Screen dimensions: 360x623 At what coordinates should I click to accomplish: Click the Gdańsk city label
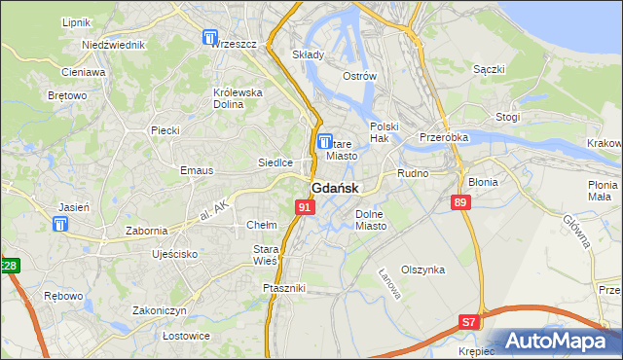click(x=335, y=188)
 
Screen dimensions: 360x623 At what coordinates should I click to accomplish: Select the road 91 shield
click(x=305, y=207)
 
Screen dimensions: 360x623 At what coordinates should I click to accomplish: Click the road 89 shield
click(x=461, y=201)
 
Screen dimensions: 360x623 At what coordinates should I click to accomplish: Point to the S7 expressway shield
click(x=469, y=322)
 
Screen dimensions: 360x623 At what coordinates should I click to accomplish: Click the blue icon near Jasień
click(x=61, y=225)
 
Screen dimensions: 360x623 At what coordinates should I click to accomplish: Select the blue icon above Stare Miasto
click(x=326, y=142)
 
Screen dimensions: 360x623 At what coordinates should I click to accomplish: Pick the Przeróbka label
click(x=443, y=137)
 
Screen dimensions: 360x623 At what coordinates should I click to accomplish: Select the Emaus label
click(x=169, y=170)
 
